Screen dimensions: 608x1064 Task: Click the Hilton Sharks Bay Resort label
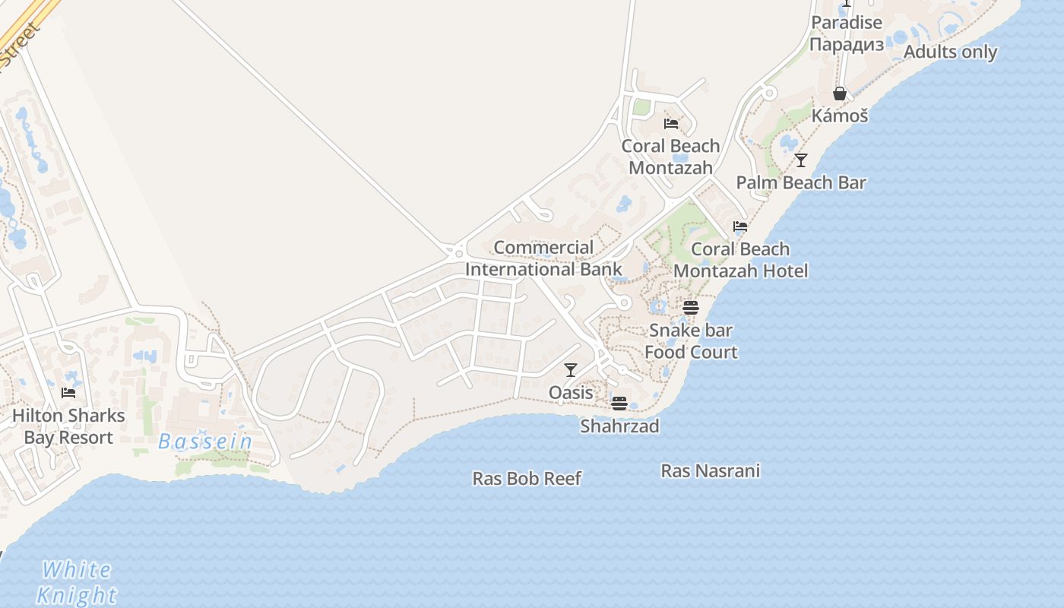click(68, 426)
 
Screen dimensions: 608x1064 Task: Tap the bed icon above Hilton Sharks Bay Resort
click(68, 393)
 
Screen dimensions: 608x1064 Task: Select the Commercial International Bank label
click(543, 258)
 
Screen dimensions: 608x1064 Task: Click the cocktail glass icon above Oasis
click(571, 370)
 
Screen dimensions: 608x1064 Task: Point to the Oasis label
click(571, 392)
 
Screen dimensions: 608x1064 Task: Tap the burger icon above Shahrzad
click(619, 403)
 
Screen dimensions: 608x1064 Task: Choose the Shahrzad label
click(619, 426)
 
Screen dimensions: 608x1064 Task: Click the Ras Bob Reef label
click(527, 479)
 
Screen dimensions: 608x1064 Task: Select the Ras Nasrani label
click(710, 471)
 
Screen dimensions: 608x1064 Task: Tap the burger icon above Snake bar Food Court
click(691, 307)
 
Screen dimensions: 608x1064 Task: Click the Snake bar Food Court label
click(691, 341)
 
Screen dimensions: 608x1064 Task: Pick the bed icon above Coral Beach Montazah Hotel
click(740, 226)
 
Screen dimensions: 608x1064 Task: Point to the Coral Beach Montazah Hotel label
click(740, 260)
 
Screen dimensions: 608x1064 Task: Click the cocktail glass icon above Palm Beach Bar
click(801, 160)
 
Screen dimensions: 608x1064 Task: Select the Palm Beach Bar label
click(801, 183)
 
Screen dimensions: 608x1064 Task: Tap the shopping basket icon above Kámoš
click(840, 93)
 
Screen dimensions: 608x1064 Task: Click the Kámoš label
click(840, 116)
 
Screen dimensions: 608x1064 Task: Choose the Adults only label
click(950, 52)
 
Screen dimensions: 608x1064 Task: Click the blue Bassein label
click(205, 442)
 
